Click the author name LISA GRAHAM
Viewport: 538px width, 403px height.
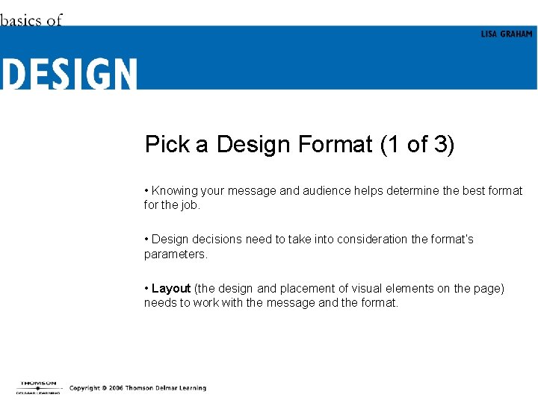[x=507, y=34]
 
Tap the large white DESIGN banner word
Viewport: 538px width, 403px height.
[x=69, y=75]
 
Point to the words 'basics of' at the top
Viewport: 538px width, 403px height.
[x=31, y=20]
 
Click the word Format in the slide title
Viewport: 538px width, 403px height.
[x=335, y=144]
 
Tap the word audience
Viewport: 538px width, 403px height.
[x=305, y=191]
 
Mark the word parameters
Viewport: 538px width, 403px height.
[x=175, y=254]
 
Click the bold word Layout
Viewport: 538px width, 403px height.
[x=171, y=289]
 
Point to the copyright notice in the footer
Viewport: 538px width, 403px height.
[x=137, y=388]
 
